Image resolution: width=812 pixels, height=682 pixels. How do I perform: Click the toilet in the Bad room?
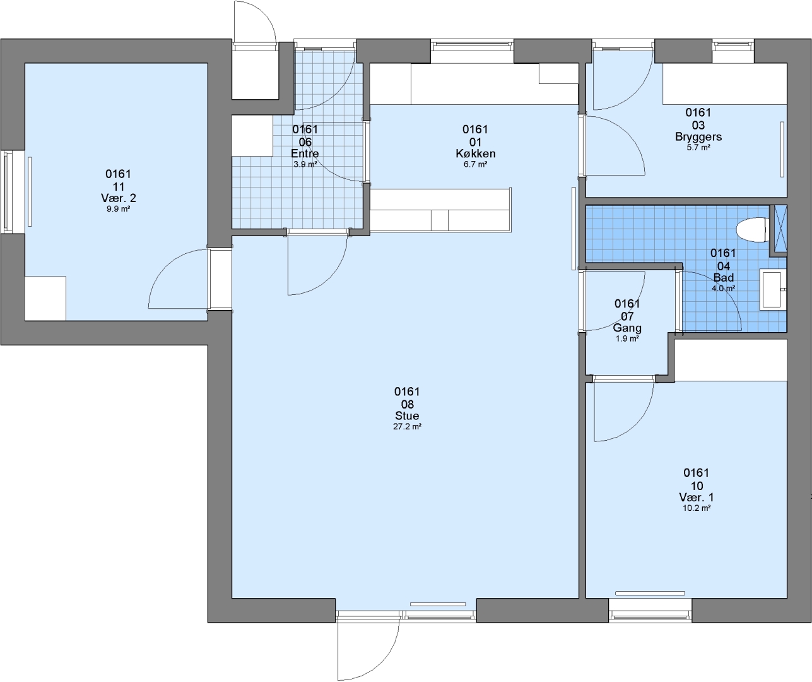click(753, 230)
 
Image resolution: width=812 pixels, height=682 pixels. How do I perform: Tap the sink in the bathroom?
click(773, 290)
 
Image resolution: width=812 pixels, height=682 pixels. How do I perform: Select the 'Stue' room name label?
click(407, 416)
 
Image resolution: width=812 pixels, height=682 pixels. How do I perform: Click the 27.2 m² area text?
click(407, 427)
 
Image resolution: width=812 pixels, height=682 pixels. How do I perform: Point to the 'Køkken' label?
click(475, 153)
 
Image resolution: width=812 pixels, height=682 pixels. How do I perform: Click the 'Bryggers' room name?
click(698, 137)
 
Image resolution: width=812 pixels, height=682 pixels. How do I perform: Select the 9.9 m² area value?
click(118, 209)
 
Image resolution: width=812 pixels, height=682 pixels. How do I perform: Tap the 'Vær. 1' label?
click(697, 497)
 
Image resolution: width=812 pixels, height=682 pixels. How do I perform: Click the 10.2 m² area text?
click(697, 508)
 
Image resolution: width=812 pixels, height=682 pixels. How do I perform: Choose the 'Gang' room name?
click(627, 328)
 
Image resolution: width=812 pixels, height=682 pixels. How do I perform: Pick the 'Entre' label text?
click(305, 153)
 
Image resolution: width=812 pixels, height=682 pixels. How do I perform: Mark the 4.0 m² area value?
click(723, 289)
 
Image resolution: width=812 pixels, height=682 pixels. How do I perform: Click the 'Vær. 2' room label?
click(118, 198)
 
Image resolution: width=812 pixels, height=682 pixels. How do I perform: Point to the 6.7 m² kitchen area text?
click(475, 164)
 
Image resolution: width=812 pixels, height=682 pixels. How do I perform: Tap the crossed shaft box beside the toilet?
click(780, 229)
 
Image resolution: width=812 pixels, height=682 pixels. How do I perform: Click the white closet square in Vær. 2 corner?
click(45, 299)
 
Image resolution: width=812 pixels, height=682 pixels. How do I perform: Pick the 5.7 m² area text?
click(698, 148)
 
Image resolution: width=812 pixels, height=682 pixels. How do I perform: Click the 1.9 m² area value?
click(627, 338)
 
